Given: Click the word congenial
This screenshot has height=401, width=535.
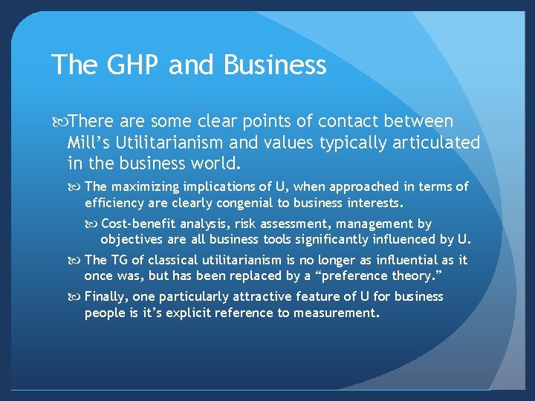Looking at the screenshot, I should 234,202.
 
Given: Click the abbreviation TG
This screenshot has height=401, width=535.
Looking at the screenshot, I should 120,260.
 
